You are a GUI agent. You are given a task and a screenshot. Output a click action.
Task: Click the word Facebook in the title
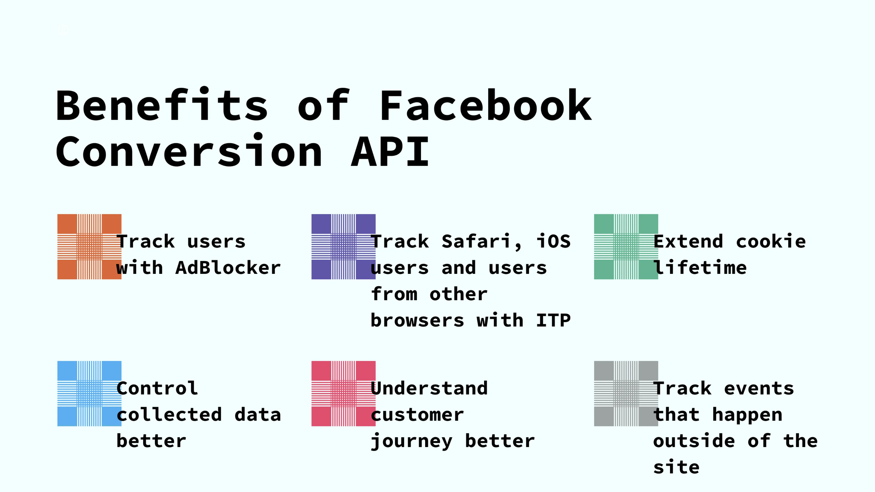486,106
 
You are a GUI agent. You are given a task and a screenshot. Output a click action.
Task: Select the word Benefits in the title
163,106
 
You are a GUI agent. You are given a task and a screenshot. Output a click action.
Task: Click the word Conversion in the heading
189,152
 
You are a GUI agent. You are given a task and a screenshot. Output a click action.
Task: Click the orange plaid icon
89,247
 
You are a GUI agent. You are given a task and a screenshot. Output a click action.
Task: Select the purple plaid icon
343,247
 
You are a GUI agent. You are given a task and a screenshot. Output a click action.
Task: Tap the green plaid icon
626,247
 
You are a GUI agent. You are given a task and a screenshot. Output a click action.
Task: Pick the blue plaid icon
89,393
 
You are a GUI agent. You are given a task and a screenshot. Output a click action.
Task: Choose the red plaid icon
343,393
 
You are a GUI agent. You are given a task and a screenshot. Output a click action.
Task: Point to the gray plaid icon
626,393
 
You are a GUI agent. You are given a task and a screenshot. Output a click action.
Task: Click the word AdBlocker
228,268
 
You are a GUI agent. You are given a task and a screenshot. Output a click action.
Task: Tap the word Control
157,389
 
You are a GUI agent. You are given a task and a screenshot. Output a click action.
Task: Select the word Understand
429,389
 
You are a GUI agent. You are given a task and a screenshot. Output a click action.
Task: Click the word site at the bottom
676,467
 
